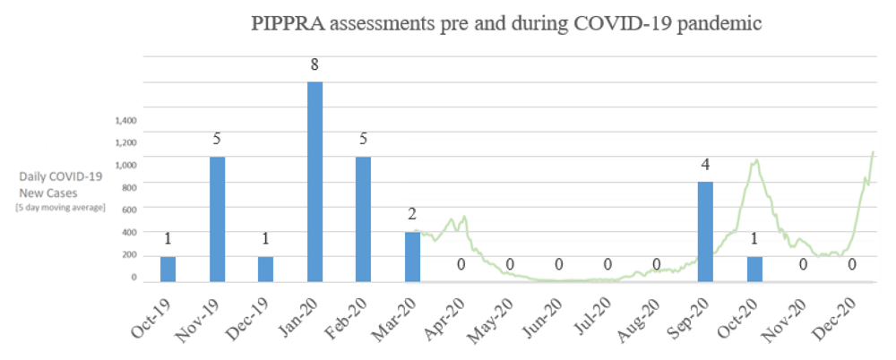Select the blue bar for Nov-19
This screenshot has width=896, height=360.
click(x=217, y=219)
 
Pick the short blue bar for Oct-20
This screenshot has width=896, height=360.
click(x=754, y=269)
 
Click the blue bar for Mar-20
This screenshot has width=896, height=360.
click(x=412, y=256)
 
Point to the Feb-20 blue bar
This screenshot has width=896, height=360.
click(x=363, y=219)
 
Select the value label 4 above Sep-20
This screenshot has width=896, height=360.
click(x=706, y=165)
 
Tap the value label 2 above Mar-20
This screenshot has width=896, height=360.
click(x=412, y=215)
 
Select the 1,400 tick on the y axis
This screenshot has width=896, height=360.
click(x=125, y=120)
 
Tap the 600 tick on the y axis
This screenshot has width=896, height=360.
click(x=129, y=210)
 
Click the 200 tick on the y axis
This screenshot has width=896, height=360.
click(x=129, y=255)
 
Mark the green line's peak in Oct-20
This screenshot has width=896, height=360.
click(x=756, y=160)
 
